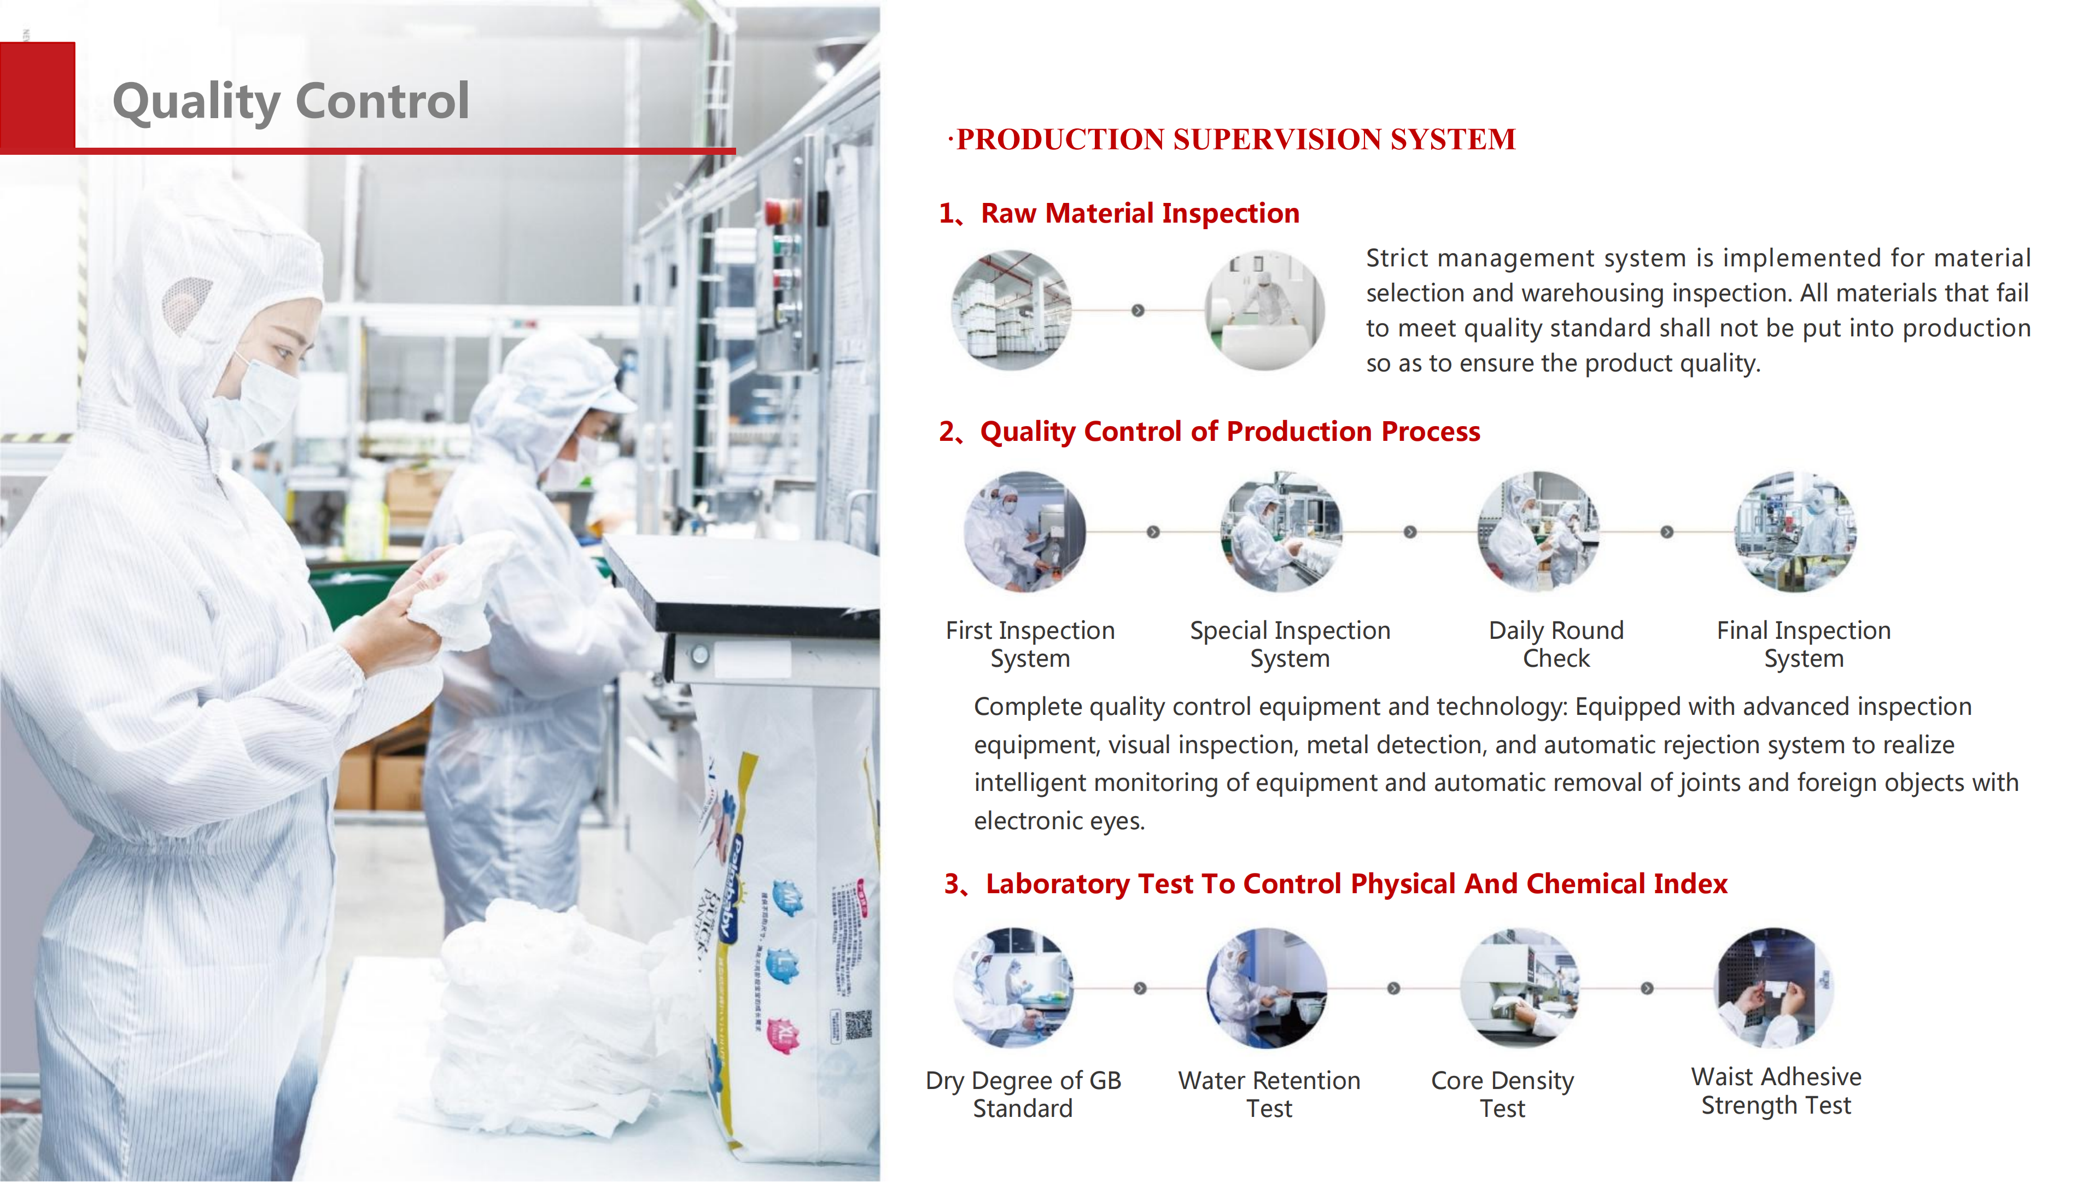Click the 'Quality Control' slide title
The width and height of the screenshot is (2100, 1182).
point(291,101)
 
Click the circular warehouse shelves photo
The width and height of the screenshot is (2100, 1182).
point(1011,311)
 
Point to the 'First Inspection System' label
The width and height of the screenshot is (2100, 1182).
point(1030,644)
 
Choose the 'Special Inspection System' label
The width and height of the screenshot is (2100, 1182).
point(1289,644)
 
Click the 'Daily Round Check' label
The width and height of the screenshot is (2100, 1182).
point(1555,644)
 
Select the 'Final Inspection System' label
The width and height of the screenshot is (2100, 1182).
point(1803,644)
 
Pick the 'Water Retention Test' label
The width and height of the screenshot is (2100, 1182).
point(1269,1094)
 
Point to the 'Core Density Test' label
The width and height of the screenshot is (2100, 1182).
point(1502,1094)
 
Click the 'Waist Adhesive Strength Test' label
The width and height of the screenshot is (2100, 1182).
point(1776,1091)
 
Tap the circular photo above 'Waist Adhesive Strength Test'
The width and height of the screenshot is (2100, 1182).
point(1774,987)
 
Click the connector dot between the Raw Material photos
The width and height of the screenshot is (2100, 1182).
point(1138,311)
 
